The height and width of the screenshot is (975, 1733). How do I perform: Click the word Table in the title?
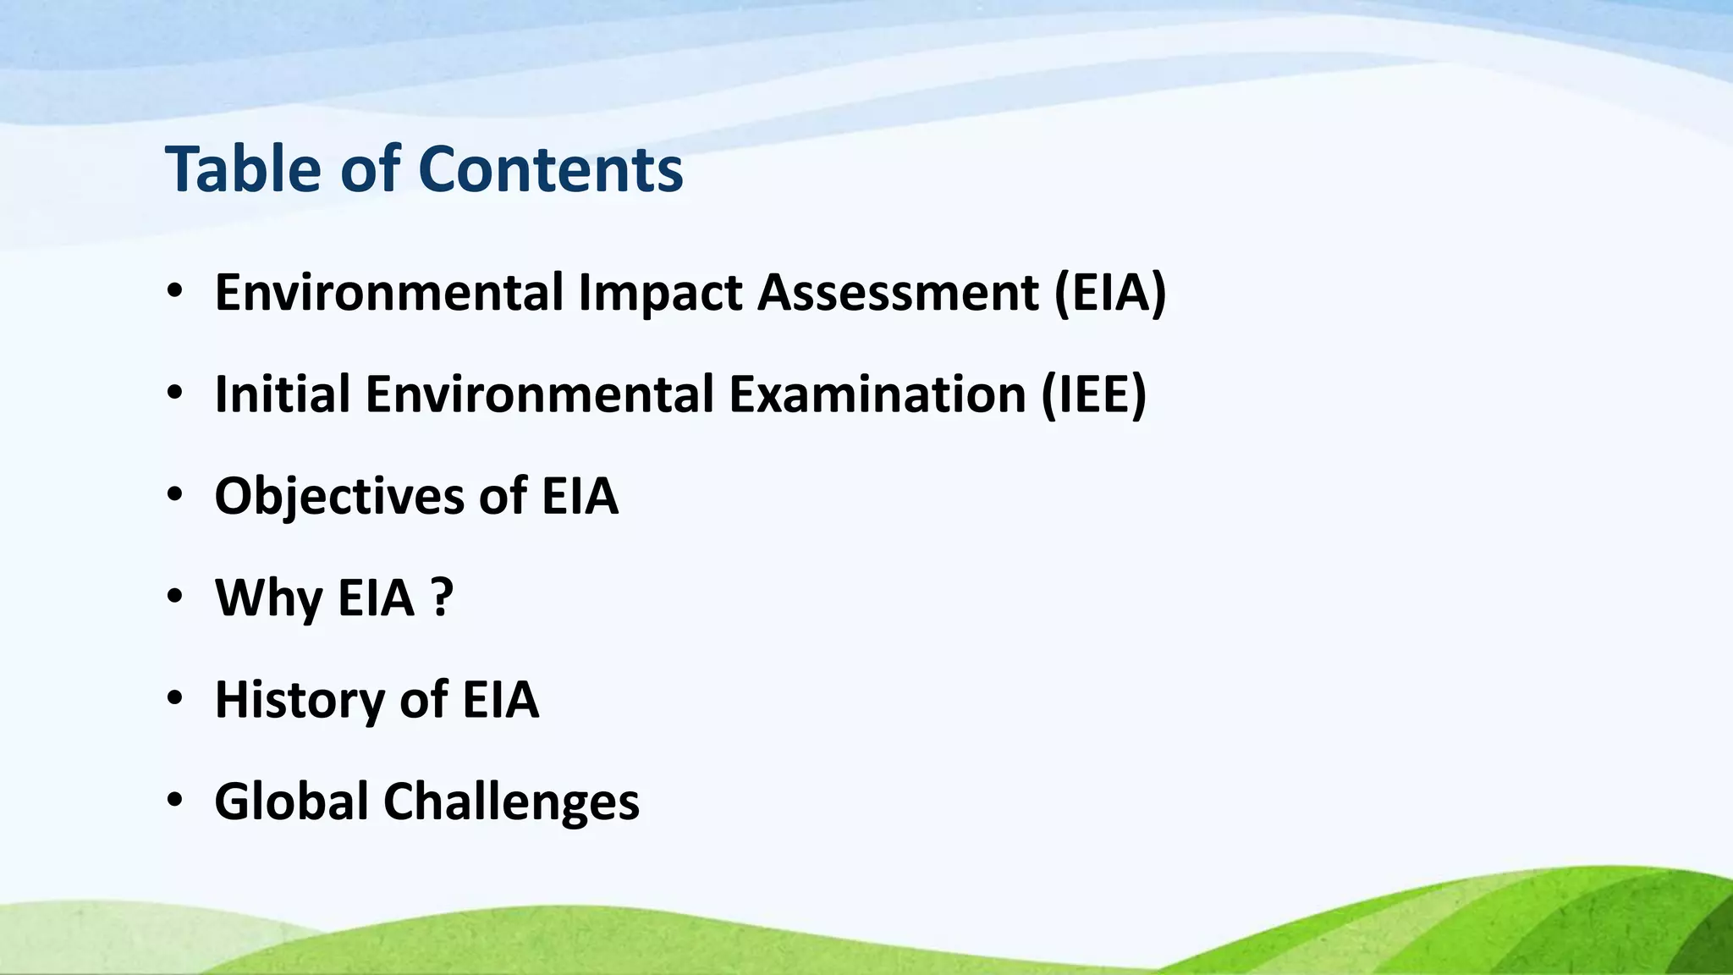point(243,169)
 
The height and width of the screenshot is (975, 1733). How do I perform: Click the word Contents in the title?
point(550,169)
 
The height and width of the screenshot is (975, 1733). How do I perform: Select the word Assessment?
point(898,293)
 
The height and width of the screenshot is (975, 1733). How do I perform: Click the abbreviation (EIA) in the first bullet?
point(1110,293)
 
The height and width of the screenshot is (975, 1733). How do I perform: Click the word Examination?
point(878,394)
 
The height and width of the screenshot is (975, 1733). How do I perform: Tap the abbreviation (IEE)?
point(1093,394)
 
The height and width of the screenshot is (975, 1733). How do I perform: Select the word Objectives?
point(339,497)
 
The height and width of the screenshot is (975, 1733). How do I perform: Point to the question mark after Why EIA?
point(442,598)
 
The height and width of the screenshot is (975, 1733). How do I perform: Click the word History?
point(300,700)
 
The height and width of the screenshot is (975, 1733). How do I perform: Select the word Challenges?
point(511,801)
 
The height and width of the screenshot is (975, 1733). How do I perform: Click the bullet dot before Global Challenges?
point(174,800)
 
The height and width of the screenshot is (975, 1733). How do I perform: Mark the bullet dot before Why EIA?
point(174,597)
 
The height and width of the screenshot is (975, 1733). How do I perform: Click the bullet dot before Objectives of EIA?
point(174,495)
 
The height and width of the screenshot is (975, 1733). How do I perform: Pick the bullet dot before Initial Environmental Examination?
point(174,393)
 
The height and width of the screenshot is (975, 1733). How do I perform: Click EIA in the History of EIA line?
point(500,700)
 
